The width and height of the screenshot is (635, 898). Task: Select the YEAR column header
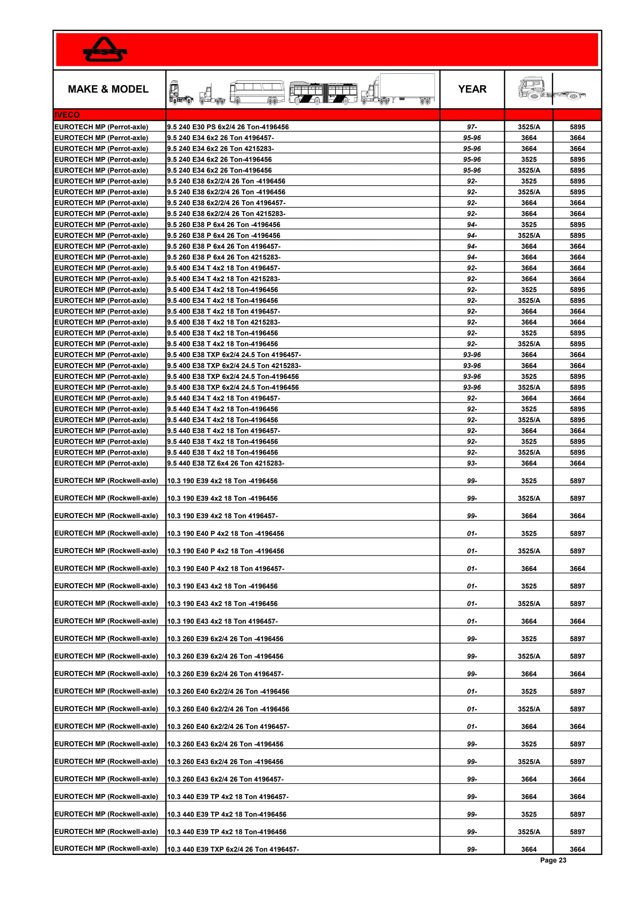(x=472, y=89)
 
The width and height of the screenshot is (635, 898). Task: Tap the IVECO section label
(x=67, y=115)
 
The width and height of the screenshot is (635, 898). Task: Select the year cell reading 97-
(x=472, y=127)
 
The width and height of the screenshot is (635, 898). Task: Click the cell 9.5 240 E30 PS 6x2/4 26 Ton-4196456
(x=228, y=127)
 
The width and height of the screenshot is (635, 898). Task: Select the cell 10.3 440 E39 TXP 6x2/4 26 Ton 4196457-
(x=233, y=849)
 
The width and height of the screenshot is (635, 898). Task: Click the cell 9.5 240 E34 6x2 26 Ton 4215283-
(x=220, y=149)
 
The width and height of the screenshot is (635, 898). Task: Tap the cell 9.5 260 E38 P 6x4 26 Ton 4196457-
(x=224, y=246)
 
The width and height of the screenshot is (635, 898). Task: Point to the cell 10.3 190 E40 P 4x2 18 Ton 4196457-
(x=226, y=569)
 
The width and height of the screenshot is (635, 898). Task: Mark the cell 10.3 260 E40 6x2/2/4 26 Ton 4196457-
(x=229, y=727)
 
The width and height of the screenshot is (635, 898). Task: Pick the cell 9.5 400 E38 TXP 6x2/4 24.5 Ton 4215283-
(x=234, y=366)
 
